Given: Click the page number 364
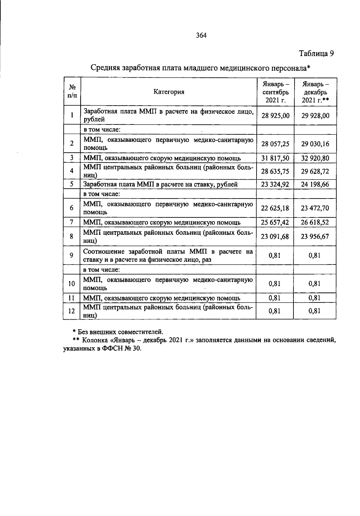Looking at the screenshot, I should [201, 35].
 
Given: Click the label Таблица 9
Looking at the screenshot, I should [316, 54].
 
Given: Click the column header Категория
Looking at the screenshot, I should [169, 92].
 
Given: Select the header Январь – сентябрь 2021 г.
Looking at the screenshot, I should [275, 92].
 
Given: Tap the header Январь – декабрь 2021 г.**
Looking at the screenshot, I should [315, 92].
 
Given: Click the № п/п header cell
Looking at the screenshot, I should [72, 91].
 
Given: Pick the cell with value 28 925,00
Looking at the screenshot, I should [275, 115].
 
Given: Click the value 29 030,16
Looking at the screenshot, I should [315, 144].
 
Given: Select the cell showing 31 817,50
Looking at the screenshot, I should [275, 158].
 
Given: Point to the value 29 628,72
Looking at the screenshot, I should [315, 171].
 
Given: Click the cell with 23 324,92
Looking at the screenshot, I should [275, 184].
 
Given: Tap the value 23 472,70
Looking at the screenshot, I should [315, 208].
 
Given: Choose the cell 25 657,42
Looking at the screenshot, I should [275, 222].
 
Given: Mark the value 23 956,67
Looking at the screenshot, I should [315, 236].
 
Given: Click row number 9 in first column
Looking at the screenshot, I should [72, 255].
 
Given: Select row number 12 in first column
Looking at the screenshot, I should [72, 311].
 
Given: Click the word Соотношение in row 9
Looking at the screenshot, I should [102, 251].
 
